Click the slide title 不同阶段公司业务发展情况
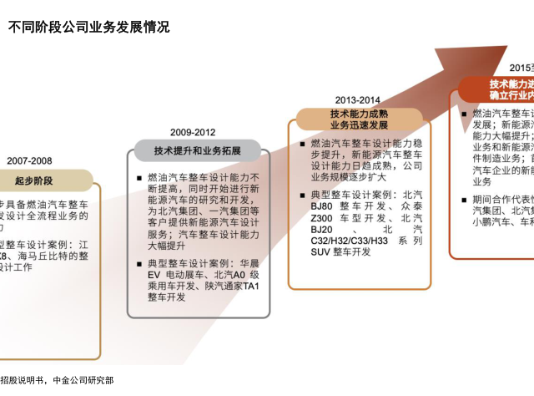88,28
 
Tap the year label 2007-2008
30,160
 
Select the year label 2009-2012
193,132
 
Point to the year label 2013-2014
357,99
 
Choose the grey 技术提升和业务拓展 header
198,151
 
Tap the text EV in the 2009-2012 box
154,275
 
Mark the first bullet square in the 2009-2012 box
139,178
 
